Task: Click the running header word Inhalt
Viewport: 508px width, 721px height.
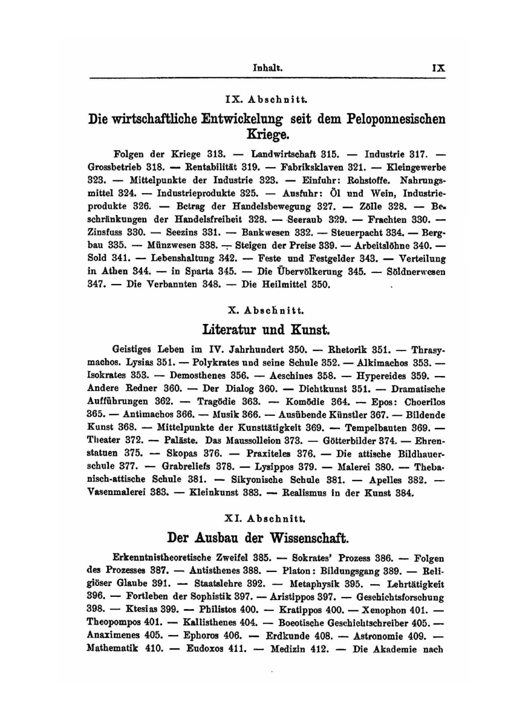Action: [267, 69]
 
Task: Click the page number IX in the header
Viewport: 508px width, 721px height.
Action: [438, 69]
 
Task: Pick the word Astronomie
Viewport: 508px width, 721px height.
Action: [391, 637]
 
